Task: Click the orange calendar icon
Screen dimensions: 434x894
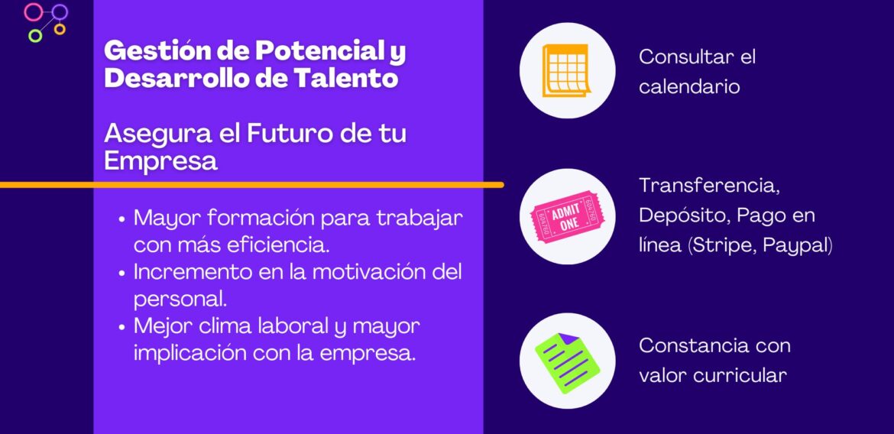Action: click(x=566, y=70)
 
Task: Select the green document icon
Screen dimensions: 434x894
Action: click(x=567, y=361)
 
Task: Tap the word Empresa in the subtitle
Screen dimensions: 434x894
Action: click(x=160, y=160)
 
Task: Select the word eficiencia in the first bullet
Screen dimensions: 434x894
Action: click(x=280, y=245)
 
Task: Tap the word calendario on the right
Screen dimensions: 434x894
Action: click(x=689, y=86)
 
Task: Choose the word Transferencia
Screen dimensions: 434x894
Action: click(x=708, y=186)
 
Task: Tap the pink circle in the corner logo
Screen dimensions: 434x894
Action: click(x=34, y=11)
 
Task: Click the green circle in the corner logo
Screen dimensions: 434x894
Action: click(x=34, y=35)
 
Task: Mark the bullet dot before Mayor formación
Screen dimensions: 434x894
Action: click(x=122, y=219)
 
